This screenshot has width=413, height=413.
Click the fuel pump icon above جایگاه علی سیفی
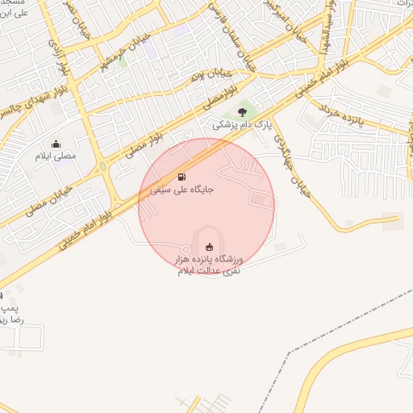coord(181,177)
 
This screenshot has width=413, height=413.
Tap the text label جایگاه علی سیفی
coord(181,190)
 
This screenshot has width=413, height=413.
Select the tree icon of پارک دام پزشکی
coord(243,113)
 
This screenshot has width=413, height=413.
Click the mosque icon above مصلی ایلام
coord(56,144)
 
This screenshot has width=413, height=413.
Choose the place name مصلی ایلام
coord(56,156)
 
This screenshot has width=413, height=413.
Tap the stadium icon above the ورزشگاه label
coord(210,247)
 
